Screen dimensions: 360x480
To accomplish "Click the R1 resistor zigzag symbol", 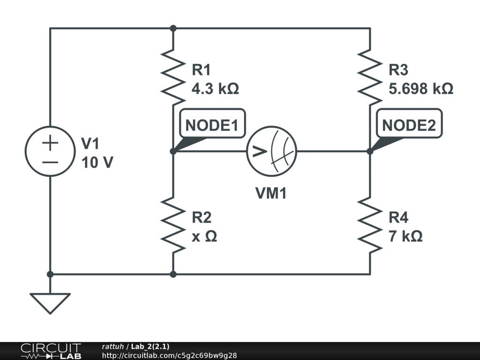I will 173,77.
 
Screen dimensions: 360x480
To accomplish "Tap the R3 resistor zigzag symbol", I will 370,77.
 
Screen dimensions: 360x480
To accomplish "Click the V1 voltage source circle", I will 50,151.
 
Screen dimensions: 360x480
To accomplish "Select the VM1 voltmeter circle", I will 272,151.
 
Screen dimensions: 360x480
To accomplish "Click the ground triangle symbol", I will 50,302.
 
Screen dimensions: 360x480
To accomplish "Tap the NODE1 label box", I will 212,126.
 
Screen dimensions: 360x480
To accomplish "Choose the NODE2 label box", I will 409,126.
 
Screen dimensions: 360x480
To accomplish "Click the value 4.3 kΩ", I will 215,89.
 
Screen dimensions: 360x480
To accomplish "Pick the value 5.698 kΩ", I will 421,89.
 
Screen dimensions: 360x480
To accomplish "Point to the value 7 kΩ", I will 405,236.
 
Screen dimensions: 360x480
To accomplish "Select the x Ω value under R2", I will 204,236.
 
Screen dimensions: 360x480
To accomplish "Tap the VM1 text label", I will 271,193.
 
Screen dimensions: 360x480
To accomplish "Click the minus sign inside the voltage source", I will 50,162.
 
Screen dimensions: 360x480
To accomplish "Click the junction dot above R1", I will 173,28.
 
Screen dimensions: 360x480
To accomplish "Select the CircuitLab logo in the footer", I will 51,351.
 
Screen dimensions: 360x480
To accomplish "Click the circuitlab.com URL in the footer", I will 169,355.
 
